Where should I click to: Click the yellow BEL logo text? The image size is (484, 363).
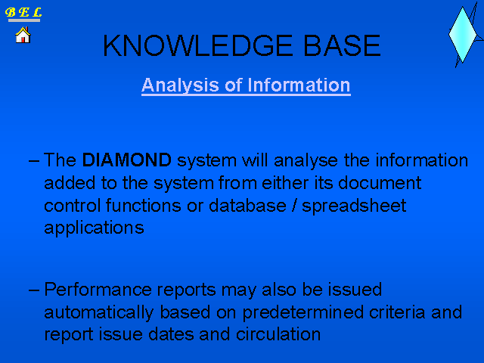click(x=23, y=12)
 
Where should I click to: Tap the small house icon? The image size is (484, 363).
click(x=23, y=35)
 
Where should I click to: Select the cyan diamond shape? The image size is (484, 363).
click(x=462, y=35)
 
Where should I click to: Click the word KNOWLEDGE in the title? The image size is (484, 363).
click(x=197, y=45)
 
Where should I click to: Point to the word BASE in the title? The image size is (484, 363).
click(x=343, y=45)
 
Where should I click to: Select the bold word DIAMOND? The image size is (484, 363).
click(x=126, y=160)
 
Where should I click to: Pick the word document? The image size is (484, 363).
click(x=380, y=183)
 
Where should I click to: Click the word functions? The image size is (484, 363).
click(x=143, y=205)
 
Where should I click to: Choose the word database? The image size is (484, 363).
click(x=247, y=205)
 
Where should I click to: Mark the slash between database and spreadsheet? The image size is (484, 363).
click(x=294, y=206)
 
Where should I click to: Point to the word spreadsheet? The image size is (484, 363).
click(x=354, y=206)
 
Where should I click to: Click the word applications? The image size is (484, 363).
click(x=94, y=228)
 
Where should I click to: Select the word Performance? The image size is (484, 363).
click(x=98, y=289)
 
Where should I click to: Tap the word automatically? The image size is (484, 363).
click(x=99, y=313)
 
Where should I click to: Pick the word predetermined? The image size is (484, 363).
click(x=302, y=313)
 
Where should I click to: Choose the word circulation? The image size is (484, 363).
click(x=278, y=334)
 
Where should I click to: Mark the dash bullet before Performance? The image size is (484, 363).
click(x=33, y=290)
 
